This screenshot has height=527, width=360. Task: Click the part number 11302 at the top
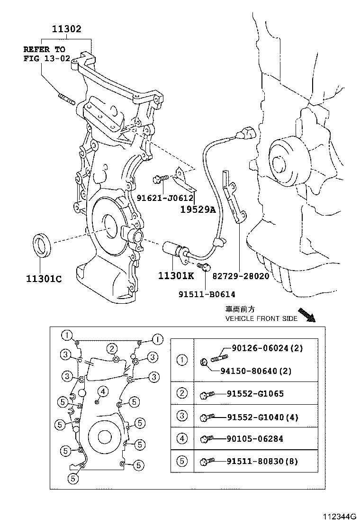67,29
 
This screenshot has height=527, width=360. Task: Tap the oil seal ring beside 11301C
42,245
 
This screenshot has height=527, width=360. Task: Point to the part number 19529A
198,209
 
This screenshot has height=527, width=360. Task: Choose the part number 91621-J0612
166,199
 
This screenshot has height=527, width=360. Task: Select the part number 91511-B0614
207,294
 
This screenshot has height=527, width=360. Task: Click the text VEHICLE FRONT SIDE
261,318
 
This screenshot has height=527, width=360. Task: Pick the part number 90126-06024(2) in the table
267,348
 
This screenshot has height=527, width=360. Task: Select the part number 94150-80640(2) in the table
256,371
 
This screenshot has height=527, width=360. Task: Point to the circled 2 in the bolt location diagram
111,349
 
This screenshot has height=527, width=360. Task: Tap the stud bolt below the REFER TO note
67,99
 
